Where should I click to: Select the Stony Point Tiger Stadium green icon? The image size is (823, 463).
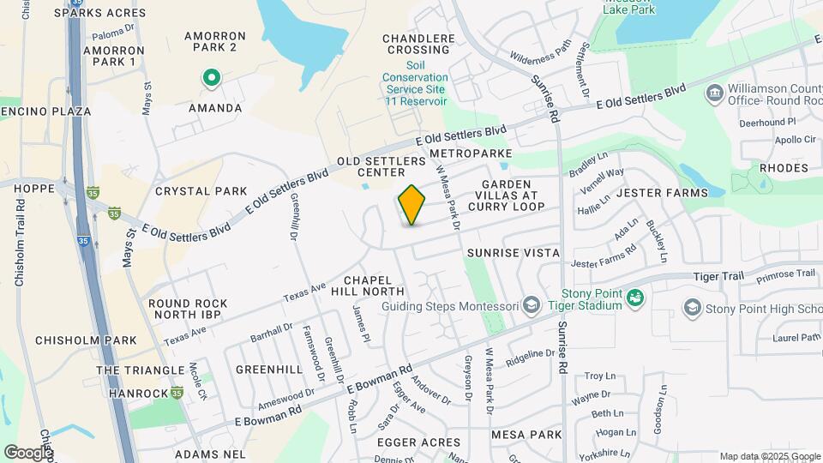(x=635, y=298)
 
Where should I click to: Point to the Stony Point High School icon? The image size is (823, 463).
(x=692, y=307)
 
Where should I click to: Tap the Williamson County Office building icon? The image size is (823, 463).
(x=713, y=92)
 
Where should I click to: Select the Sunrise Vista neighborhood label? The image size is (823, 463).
(x=514, y=253)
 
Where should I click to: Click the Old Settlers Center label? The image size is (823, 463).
(x=381, y=166)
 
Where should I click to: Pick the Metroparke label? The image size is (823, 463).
(x=471, y=153)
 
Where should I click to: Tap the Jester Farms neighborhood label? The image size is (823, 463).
(x=662, y=193)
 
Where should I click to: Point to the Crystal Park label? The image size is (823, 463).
(x=201, y=191)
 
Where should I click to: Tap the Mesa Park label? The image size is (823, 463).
(x=526, y=435)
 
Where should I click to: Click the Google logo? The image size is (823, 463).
(x=28, y=452)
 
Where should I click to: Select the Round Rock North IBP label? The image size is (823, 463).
(x=188, y=310)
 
